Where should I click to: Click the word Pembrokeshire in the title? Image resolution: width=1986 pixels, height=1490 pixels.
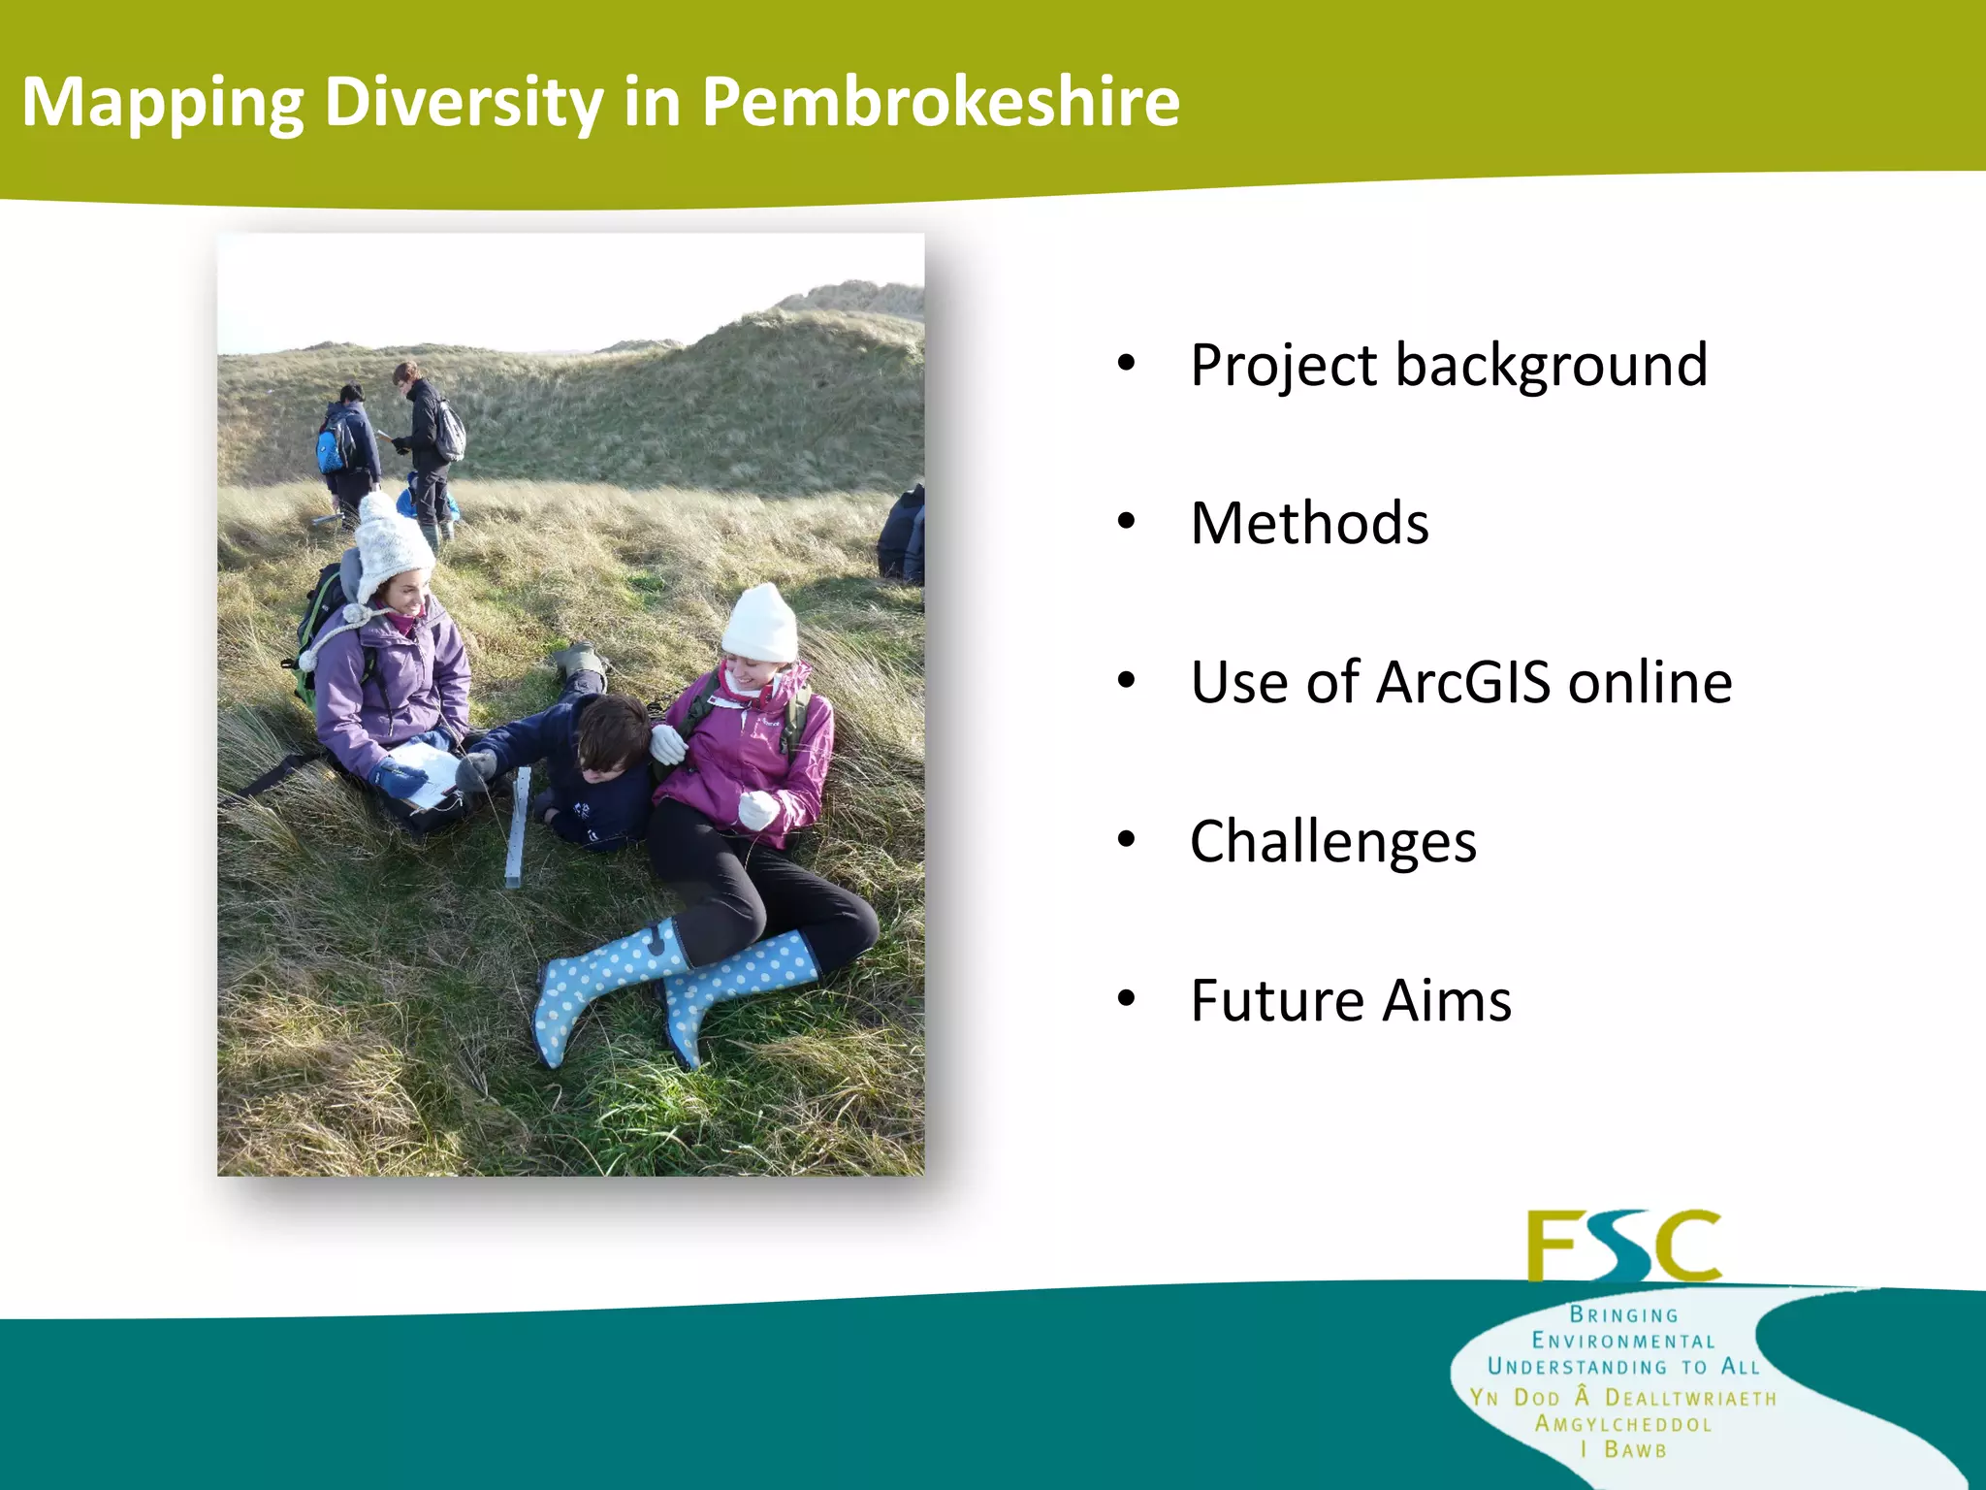pos(940,102)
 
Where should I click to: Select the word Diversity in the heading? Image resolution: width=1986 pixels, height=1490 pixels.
pos(464,102)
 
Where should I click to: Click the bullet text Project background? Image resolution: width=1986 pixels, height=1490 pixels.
pos(1449,366)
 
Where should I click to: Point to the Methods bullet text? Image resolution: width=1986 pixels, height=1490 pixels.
pos(1309,524)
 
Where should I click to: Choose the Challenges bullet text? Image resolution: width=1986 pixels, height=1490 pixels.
pos(1333,841)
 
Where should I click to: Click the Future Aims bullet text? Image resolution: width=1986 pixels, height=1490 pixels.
pos(1351,1000)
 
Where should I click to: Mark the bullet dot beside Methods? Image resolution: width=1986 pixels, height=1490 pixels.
pos(1126,522)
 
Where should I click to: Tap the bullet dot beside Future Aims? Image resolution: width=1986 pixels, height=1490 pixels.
pos(1126,998)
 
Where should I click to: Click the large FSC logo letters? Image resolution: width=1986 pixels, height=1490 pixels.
pos(1623,1247)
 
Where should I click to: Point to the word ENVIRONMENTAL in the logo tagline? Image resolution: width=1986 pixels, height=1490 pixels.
pos(1623,1342)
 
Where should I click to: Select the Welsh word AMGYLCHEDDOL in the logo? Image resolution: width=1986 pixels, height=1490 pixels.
pos(1623,1425)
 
